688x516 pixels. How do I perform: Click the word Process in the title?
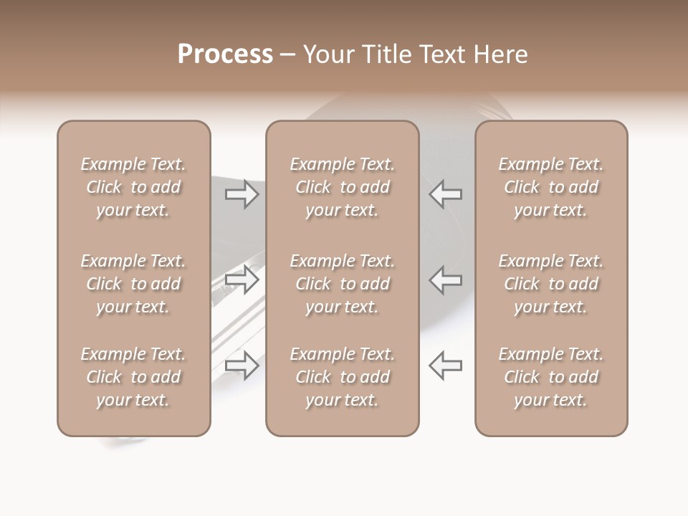point(225,54)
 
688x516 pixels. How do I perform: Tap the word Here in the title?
point(499,54)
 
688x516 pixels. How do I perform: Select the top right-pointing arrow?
point(242,194)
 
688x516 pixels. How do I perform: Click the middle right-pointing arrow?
point(242,279)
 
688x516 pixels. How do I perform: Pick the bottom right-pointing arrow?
point(242,365)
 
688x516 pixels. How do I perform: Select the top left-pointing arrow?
point(445,194)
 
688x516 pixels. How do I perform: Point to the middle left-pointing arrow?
point(445,279)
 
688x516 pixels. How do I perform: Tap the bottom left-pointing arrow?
point(445,365)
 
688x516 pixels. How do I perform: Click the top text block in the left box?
point(133,187)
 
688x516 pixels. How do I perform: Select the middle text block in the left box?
point(133,284)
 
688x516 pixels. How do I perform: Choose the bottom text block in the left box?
point(133,377)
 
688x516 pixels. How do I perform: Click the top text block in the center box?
point(343,187)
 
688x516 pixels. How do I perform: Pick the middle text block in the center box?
point(343,284)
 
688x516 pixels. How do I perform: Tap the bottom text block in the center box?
point(343,377)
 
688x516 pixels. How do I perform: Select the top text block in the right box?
point(551,187)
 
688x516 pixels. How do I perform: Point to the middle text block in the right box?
point(551,284)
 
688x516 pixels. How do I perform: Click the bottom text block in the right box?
point(551,377)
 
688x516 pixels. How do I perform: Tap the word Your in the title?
point(328,54)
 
